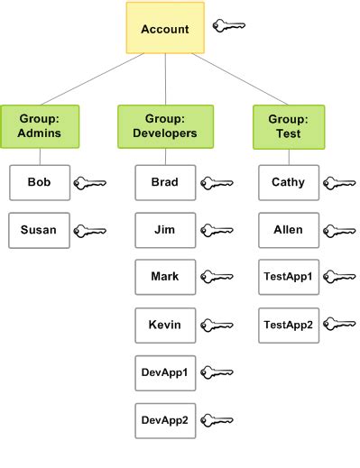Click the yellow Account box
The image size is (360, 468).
tap(165, 29)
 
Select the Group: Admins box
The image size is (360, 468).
tap(40, 126)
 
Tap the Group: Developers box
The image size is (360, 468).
tap(165, 126)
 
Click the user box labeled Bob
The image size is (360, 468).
tap(39, 182)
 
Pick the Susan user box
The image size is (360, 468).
tap(39, 230)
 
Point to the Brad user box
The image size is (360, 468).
tap(164, 182)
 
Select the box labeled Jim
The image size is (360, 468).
tap(164, 230)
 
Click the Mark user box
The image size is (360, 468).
tap(164, 277)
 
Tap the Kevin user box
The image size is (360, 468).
tap(164, 325)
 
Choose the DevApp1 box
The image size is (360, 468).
tap(164, 372)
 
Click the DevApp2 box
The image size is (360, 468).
tap(164, 419)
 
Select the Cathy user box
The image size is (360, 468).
tap(288, 182)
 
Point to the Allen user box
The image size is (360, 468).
tap(288, 230)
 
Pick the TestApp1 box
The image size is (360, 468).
tap(288, 277)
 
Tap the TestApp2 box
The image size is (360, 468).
tap(288, 325)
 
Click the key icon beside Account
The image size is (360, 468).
tap(229, 26)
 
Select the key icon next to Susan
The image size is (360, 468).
tap(89, 231)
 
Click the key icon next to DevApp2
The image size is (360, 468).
tap(217, 420)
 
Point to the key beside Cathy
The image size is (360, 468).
tap(339, 183)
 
